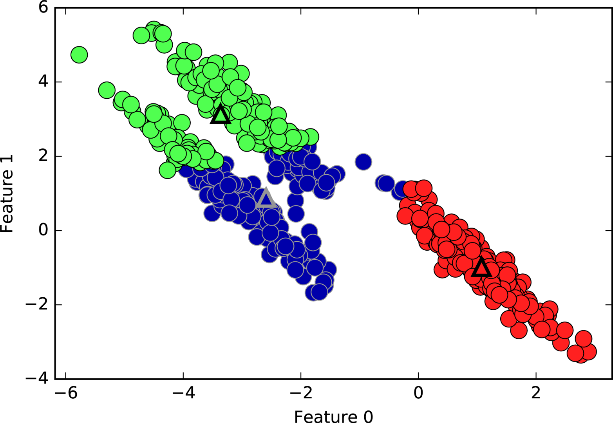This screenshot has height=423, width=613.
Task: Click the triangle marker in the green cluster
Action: (221, 115)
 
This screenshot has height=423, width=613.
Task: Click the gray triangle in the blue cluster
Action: (266, 198)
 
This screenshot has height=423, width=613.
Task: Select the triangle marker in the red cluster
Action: (481, 268)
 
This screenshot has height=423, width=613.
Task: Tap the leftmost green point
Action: (79, 54)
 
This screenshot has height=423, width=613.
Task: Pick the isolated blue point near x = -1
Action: (363, 161)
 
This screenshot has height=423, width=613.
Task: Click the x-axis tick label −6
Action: (65, 392)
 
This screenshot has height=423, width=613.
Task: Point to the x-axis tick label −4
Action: (183, 392)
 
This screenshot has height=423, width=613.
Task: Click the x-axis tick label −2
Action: (300, 392)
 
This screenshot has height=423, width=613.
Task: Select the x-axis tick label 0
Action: (418, 392)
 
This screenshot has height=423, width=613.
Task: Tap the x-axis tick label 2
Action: (536, 392)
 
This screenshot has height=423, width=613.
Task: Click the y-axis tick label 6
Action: (43, 7)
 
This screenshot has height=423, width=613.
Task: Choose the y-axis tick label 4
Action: (43, 82)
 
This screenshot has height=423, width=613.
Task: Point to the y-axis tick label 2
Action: (43, 156)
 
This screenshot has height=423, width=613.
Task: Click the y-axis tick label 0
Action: (43, 230)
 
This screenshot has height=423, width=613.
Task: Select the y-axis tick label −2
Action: (38, 305)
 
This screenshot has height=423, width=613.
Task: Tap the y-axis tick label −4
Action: (38, 379)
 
